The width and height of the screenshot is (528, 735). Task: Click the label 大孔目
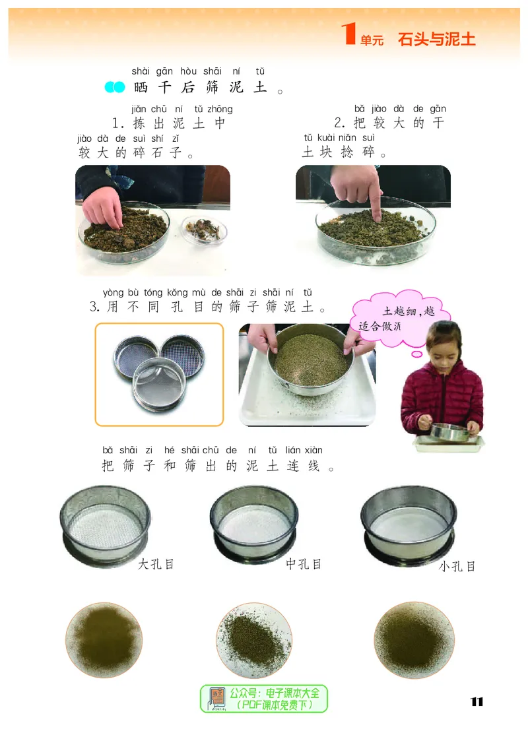[x=156, y=564]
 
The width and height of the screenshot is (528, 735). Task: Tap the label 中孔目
[x=304, y=564]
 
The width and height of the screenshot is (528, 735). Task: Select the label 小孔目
[x=457, y=566]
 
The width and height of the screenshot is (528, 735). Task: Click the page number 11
[x=477, y=701]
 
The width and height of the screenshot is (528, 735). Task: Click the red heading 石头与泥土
[x=436, y=39]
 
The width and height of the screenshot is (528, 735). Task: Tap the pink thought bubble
[x=401, y=318]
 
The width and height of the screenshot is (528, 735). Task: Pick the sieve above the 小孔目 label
[x=409, y=525]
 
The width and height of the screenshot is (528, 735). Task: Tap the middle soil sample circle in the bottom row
[x=254, y=639]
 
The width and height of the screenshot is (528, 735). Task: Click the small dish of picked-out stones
[x=203, y=230]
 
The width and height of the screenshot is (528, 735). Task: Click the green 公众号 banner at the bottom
[x=264, y=699]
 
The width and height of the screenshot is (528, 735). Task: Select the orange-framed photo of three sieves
[x=160, y=374]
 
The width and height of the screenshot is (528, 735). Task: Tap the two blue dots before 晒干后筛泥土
[x=115, y=87]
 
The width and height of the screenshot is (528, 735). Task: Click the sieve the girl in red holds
[x=447, y=433]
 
